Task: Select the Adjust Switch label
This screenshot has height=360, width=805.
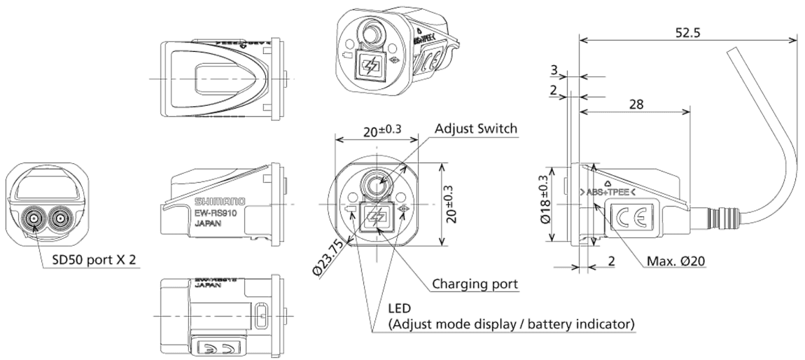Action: [x=475, y=129]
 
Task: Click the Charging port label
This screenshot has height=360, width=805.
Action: [x=475, y=285]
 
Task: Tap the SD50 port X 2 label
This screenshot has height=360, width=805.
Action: [x=94, y=261]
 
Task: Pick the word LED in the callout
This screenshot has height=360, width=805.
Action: [x=400, y=308]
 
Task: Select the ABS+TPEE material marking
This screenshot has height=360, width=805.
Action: [x=607, y=191]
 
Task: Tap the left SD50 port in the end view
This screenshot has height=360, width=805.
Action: [x=34, y=219]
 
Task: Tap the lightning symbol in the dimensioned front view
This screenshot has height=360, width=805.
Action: [x=375, y=216]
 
